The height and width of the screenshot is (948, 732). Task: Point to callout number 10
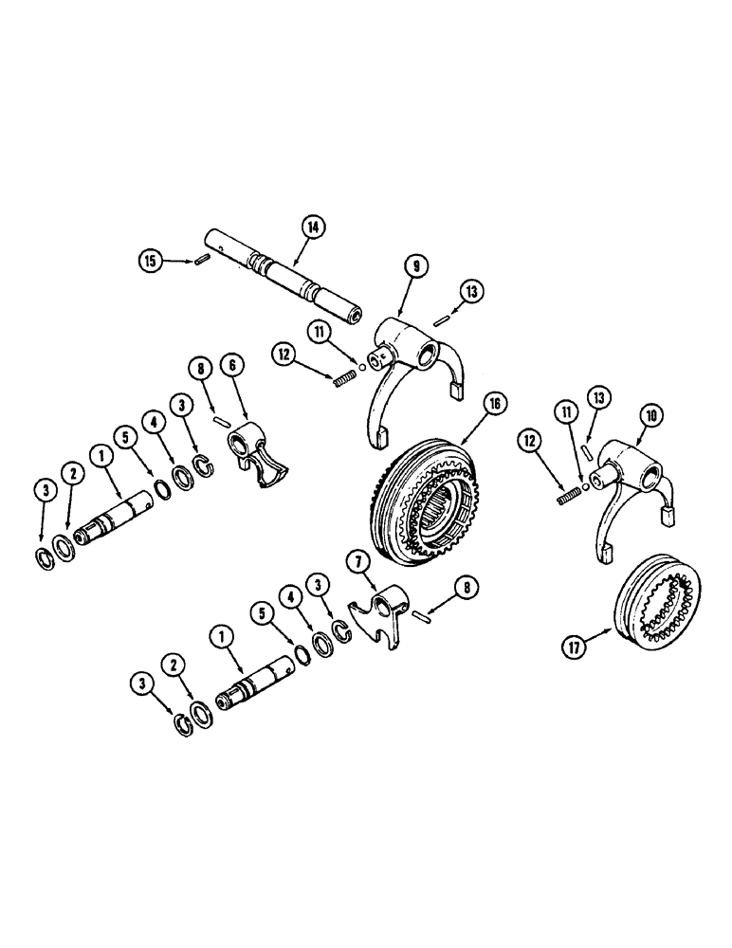click(654, 414)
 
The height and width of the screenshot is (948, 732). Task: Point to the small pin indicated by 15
click(200, 263)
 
